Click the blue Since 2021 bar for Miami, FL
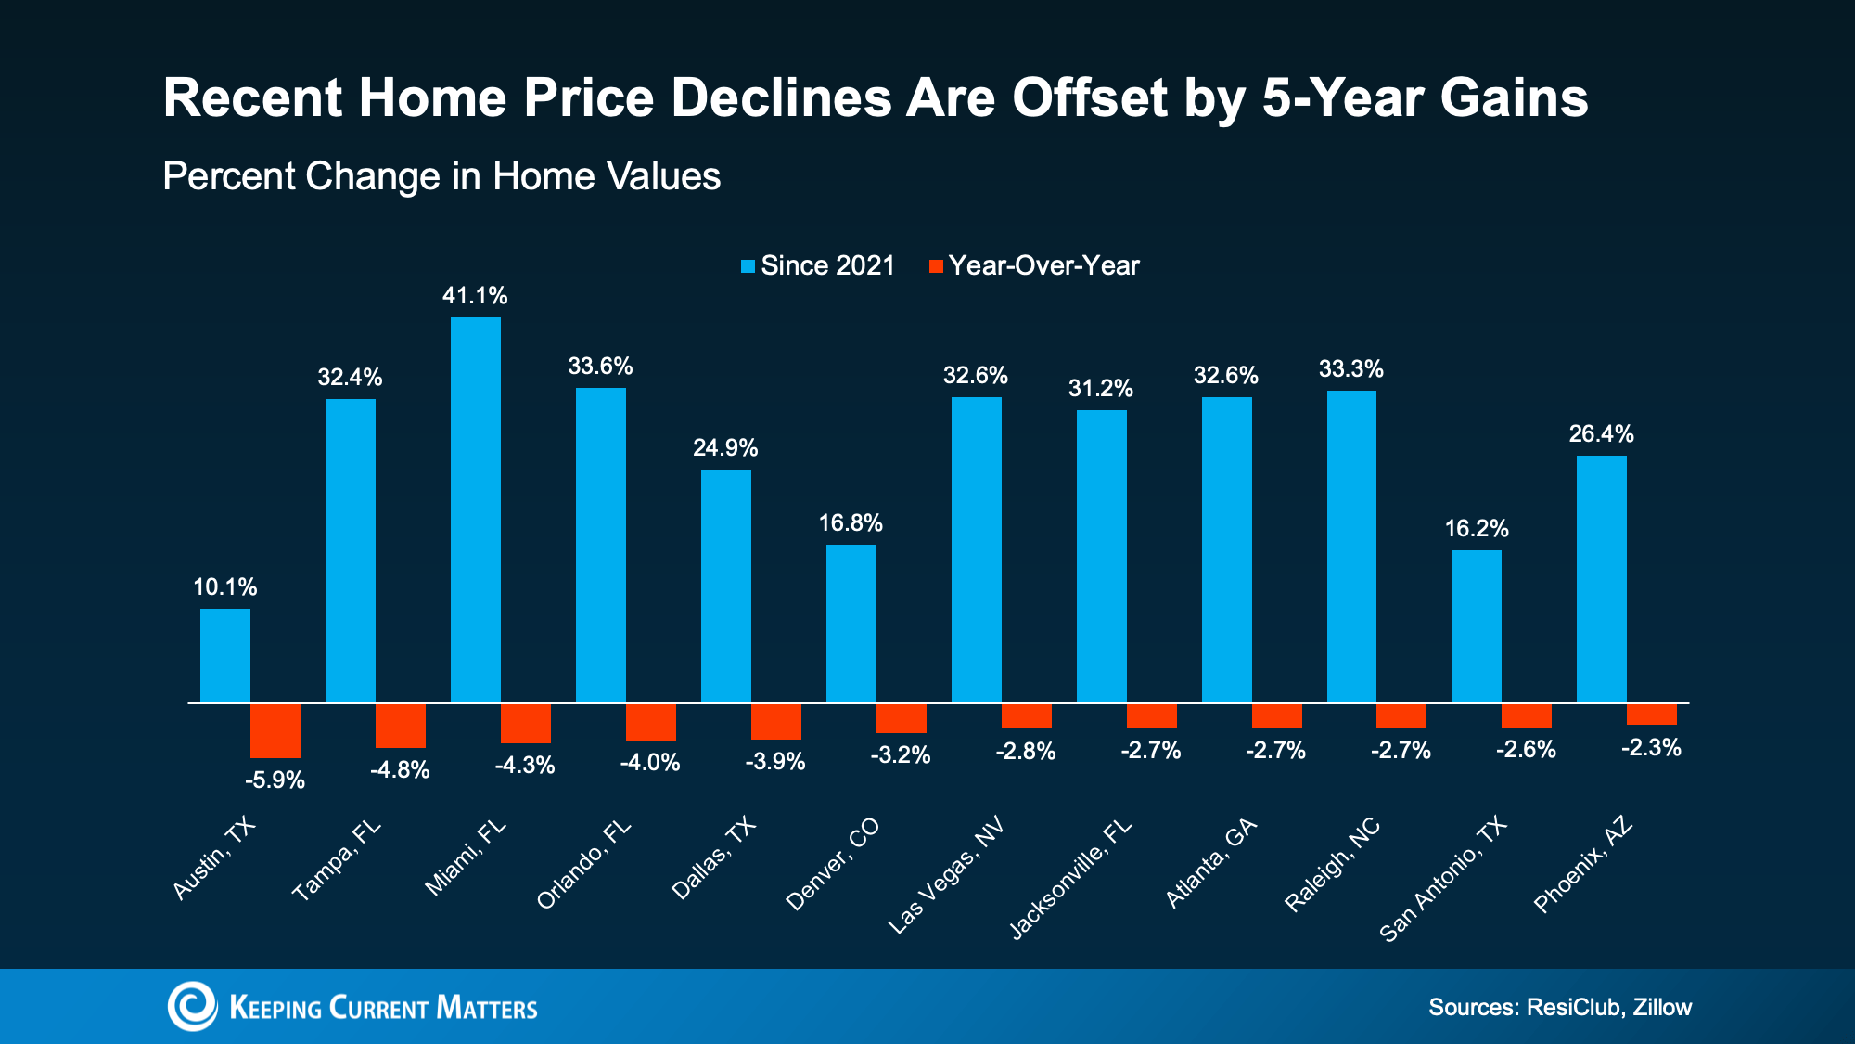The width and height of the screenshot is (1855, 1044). (x=475, y=509)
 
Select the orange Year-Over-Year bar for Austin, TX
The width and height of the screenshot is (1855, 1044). (x=275, y=730)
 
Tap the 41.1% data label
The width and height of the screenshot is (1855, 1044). (x=475, y=296)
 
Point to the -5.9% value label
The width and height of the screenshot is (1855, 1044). (x=275, y=780)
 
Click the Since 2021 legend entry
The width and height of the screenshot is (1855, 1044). (x=818, y=266)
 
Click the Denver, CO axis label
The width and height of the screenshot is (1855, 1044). (x=832, y=865)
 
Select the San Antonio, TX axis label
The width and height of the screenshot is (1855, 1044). (x=1443, y=879)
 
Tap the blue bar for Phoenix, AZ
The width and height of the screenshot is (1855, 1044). (x=1601, y=578)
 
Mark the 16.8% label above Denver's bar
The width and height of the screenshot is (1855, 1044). (x=851, y=523)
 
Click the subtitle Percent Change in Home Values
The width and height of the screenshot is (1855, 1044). (x=441, y=176)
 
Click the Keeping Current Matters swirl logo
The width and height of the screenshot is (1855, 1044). (x=192, y=1006)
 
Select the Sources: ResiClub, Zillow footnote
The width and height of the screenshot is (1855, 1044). (x=1560, y=1007)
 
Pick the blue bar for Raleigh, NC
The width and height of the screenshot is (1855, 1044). (x=1351, y=546)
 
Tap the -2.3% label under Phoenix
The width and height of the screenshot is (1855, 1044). (x=1651, y=748)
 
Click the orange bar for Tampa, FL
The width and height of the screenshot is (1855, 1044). (x=401, y=726)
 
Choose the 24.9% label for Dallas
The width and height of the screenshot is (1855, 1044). (x=725, y=448)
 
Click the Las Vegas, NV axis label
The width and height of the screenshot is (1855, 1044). (x=946, y=875)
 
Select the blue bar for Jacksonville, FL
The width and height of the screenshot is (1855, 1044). (x=1101, y=555)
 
